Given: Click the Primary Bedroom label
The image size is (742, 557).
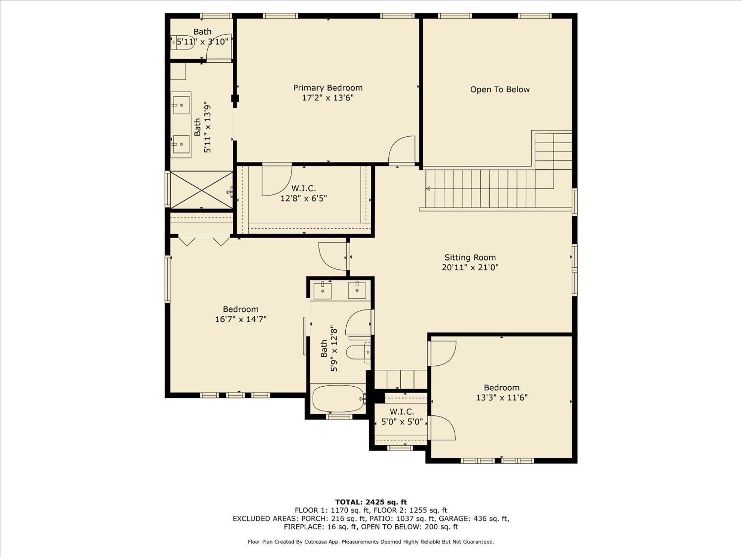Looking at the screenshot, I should point(327,88).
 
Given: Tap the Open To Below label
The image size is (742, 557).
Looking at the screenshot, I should point(500,90).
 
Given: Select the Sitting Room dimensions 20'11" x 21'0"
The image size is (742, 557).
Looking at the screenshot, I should point(470,267).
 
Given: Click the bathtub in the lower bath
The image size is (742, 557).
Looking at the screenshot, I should point(338,399).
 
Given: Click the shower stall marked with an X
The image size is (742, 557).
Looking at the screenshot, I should point(201,190).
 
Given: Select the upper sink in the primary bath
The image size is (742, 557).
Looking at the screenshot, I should point(181,105).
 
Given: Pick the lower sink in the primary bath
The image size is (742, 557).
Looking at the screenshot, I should point(181,144).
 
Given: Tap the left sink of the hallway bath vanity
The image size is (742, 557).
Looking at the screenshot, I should point(323,291).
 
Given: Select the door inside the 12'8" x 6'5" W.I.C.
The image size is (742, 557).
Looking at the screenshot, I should point(276,180).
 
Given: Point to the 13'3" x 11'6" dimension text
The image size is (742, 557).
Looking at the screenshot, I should point(502,398).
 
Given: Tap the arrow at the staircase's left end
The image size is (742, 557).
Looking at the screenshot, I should point(428,189).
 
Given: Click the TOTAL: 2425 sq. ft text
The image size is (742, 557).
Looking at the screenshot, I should point(371,502).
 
